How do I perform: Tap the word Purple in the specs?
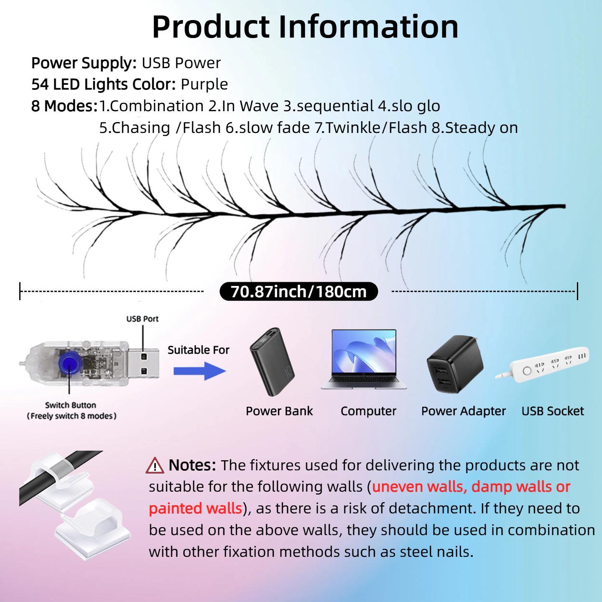[x=204, y=84]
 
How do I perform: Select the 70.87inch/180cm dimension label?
[x=298, y=291]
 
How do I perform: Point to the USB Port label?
[x=143, y=319]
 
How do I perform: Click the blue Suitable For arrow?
[x=200, y=371]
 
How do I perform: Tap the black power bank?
[x=272, y=362]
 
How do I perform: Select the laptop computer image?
[x=364, y=359]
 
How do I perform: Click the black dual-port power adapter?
[x=455, y=364]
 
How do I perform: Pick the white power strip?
[x=542, y=363]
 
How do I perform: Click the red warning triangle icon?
[x=155, y=465]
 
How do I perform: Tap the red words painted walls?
[x=196, y=508]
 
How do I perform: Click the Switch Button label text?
[x=71, y=405]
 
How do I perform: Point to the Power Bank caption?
[x=279, y=411]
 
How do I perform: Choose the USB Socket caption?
[x=553, y=411]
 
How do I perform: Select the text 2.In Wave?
[x=243, y=106]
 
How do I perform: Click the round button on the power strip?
[x=527, y=371]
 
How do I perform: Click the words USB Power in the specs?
[x=181, y=63]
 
